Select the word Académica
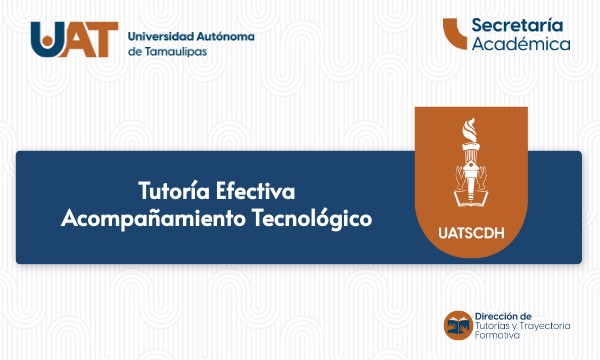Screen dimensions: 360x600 521,44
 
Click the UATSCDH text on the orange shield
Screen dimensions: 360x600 469,236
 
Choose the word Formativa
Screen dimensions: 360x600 497,336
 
